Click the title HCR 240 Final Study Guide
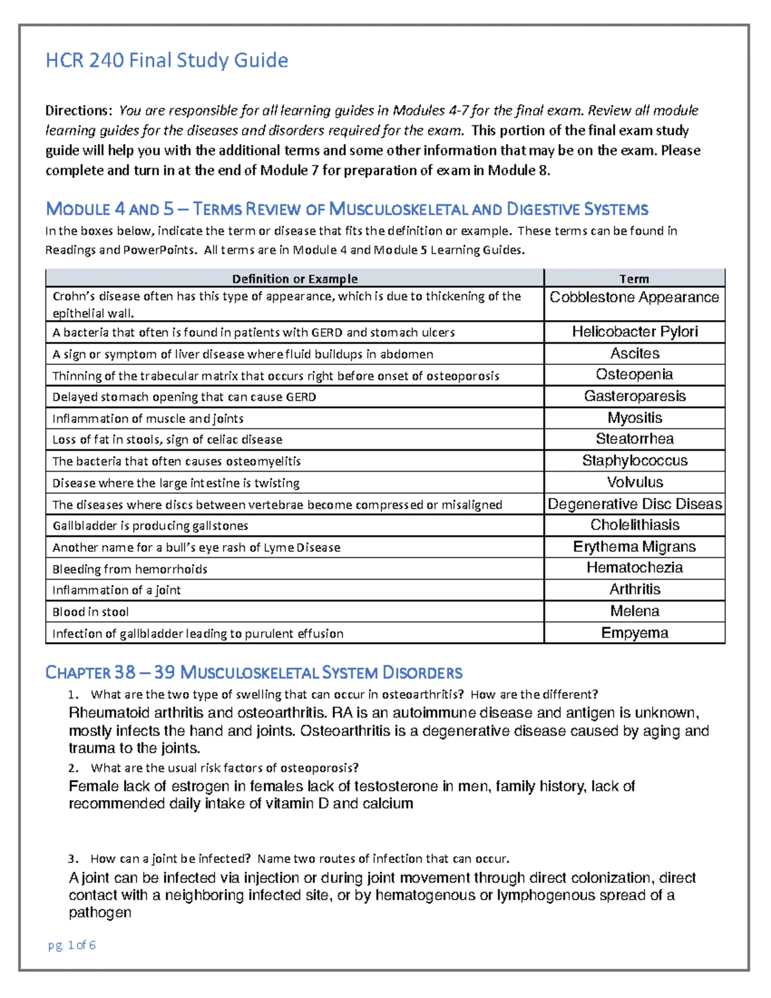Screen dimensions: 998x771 [166, 61]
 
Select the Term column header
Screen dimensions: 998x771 [634, 279]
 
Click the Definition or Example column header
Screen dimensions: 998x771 [294, 279]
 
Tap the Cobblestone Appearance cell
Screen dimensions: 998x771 [634, 298]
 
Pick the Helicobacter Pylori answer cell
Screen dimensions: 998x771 [634, 332]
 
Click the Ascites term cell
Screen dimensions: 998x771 [634, 353]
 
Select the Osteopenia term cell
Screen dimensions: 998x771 [634, 375]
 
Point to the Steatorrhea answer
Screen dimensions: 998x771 [634, 439]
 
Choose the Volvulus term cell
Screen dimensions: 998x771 [634, 482]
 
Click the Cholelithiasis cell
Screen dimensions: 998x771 [634, 525]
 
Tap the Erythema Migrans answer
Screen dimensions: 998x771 [634, 547]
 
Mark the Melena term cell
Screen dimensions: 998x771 [634, 611]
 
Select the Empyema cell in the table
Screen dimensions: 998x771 [634, 633]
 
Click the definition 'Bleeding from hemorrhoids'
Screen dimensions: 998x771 [130, 569]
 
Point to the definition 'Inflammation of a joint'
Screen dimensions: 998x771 [116, 591]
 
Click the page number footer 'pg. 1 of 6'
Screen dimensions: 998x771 [71, 945]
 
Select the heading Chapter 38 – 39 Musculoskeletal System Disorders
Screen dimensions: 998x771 [254, 673]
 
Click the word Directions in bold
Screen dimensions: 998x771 [78, 111]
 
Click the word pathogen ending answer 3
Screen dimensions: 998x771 [100, 913]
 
